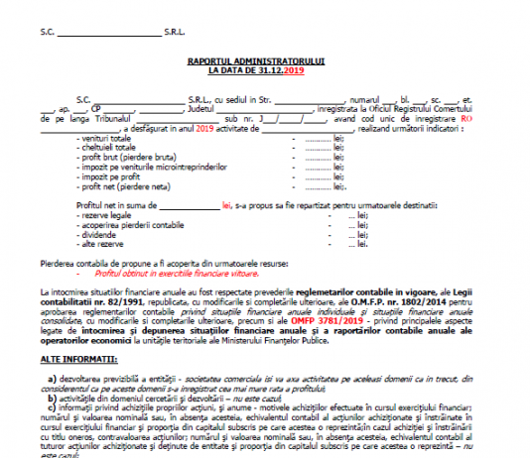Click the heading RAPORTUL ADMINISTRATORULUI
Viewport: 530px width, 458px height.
point(264,61)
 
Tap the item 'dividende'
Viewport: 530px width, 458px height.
point(100,234)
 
